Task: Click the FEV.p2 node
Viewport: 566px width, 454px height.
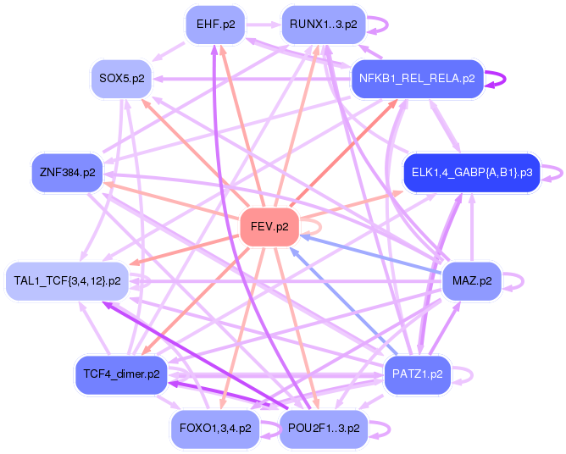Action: [269, 227]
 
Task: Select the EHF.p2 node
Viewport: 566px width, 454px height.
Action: [215, 25]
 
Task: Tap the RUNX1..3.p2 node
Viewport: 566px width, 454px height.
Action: [323, 25]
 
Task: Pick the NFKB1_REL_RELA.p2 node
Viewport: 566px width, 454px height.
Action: [416, 80]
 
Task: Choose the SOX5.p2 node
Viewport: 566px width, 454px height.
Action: [121, 79]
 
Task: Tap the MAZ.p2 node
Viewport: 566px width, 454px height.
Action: [472, 280]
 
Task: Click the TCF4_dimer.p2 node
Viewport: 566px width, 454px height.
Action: [122, 374]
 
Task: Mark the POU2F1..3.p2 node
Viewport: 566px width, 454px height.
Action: [323, 428]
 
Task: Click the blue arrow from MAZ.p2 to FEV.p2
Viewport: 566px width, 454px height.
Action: [373, 255]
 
